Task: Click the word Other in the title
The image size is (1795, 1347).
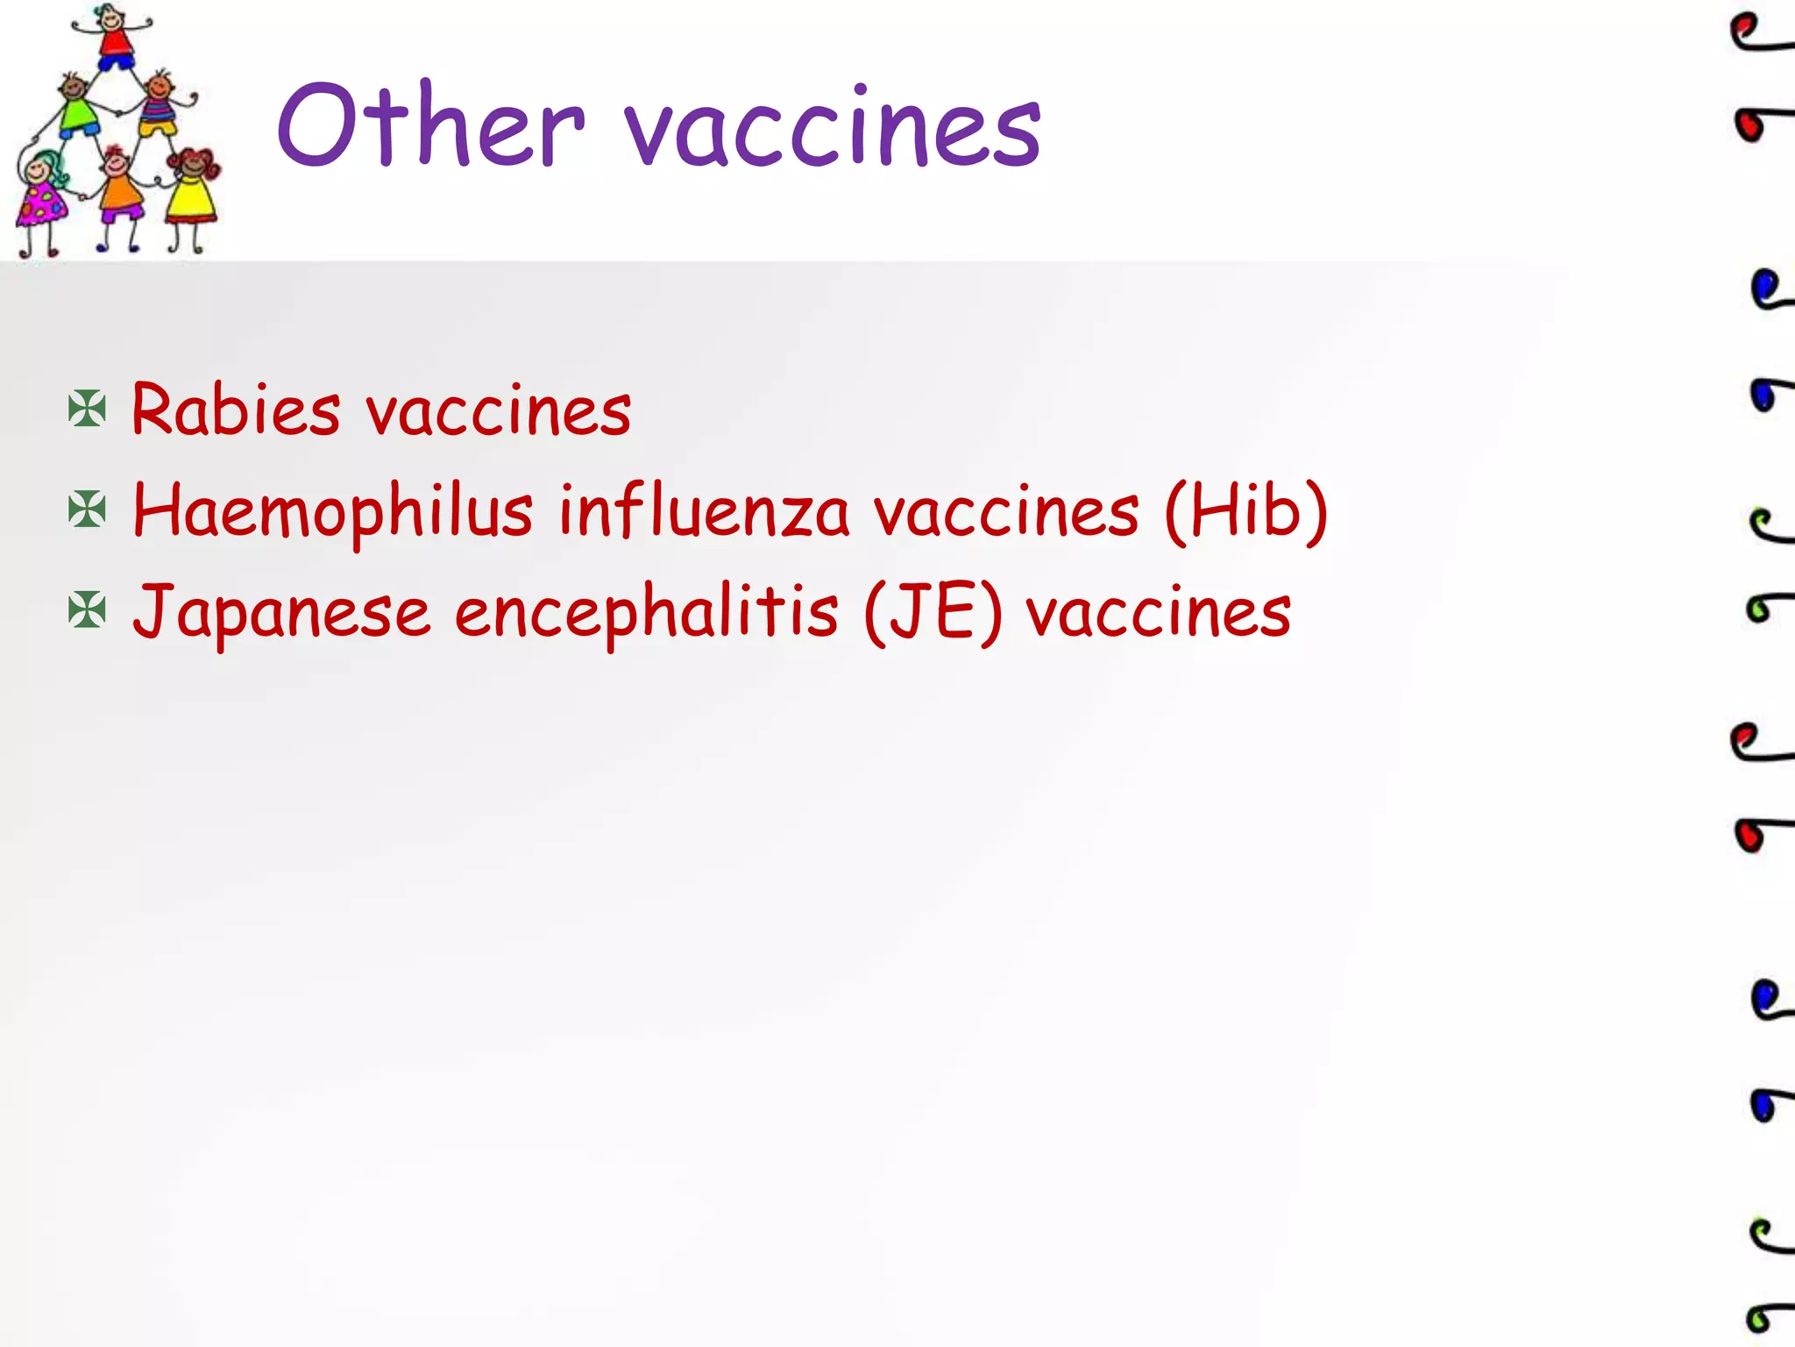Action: pos(430,125)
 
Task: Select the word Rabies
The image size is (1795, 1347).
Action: pos(236,410)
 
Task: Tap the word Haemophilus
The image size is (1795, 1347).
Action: pos(333,512)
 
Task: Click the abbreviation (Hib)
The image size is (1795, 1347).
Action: pos(1245,510)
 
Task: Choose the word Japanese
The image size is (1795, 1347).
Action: pos(281,613)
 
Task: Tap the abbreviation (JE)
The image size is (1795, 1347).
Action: pos(933,613)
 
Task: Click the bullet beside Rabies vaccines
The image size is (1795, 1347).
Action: pos(87,410)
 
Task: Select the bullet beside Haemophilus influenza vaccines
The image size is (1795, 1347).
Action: pos(87,510)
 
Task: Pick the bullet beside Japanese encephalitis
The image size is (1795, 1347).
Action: pos(87,611)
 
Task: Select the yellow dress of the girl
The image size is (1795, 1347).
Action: pos(191,198)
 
